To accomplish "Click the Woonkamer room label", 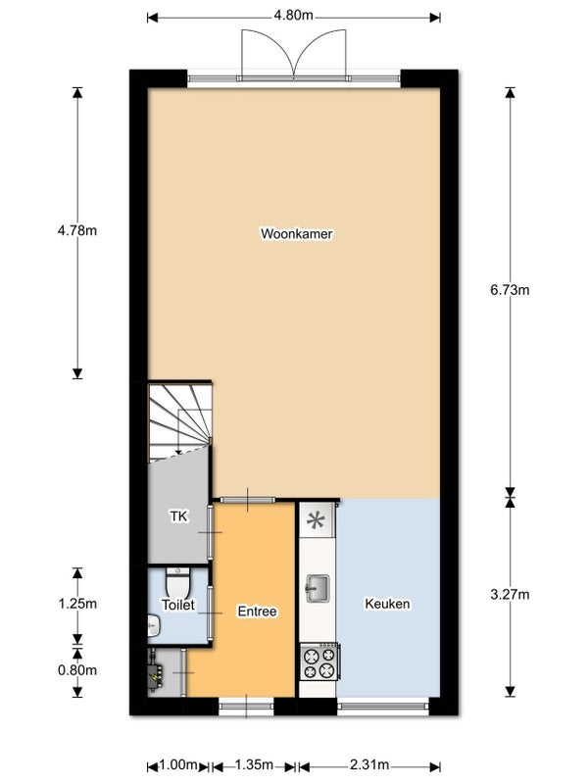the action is pos(297,233).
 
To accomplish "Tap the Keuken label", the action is pos(387,604).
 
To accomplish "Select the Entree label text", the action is pos(257,611).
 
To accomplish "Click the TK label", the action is pos(178,516).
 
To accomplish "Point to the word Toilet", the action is pos(178,605).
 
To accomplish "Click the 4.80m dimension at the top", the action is pos(293,16).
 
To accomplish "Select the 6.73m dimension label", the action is pos(510,290).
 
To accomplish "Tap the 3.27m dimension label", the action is pos(510,594).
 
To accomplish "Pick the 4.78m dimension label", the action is pos(77,230).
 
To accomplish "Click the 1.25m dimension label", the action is pos(77,604).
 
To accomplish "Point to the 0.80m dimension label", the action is pos(77,670).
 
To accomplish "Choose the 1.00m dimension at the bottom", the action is pos(178,764).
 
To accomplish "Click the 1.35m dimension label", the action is pos(254,764).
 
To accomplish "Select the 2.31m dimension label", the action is pos(369,764).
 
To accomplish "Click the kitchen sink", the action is pos(318,588).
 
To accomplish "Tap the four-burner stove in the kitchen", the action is pos(319,661).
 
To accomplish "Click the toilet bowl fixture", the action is pos(177,582).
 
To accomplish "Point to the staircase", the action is pos(179,421).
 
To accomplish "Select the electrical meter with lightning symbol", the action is pos(156,673).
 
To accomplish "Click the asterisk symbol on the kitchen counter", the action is pos(316,520).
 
